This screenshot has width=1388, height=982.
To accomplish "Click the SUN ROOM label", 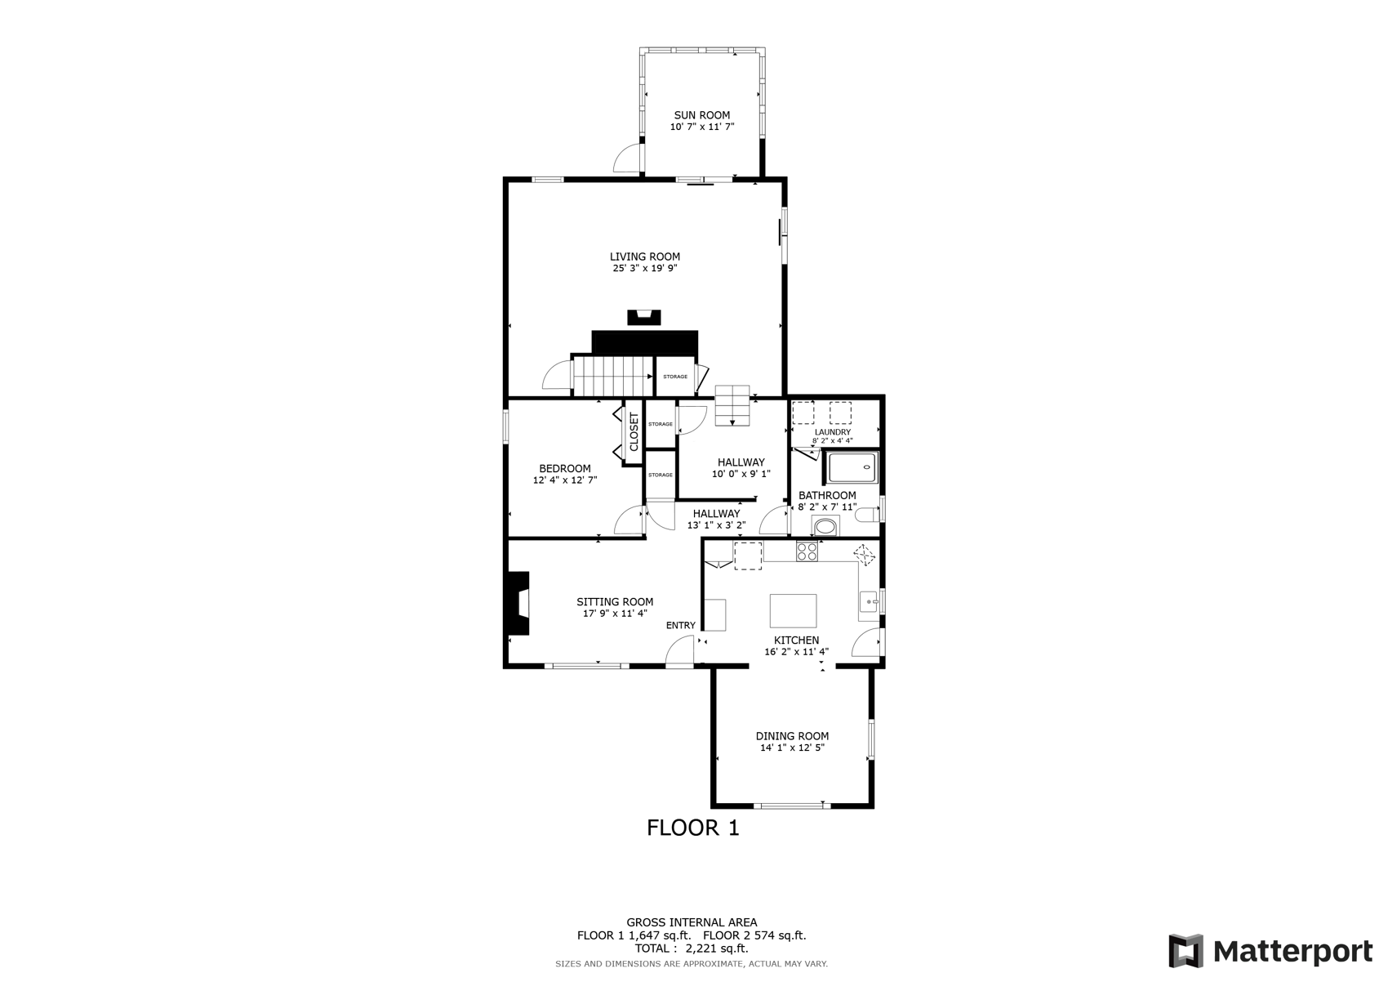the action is pyautogui.click(x=701, y=115).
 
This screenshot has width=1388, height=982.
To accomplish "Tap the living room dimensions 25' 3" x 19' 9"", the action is pyautogui.click(x=645, y=269).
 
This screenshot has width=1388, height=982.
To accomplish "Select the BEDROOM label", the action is pyautogui.click(x=564, y=469).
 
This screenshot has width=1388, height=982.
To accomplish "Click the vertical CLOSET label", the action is pyautogui.click(x=634, y=432).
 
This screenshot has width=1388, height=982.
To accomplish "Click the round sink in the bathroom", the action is pyautogui.click(x=825, y=527).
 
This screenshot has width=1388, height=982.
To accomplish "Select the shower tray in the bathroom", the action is pyautogui.click(x=853, y=467).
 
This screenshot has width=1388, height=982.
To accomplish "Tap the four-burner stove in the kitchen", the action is pyautogui.click(x=807, y=551).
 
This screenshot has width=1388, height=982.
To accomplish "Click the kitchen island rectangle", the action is pyautogui.click(x=793, y=610).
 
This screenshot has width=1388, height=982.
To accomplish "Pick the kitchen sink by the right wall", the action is pyautogui.click(x=868, y=601).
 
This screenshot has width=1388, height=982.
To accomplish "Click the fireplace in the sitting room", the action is pyautogui.click(x=518, y=603).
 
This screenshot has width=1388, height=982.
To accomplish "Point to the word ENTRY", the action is pyautogui.click(x=681, y=626).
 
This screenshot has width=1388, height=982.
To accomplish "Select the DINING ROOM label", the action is pyautogui.click(x=792, y=736).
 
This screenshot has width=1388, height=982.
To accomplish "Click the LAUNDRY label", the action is pyautogui.click(x=832, y=432).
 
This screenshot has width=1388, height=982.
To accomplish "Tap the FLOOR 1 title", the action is pyautogui.click(x=692, y=828).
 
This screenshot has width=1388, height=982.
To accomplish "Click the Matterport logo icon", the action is pyautogui.click(x=1186, y=951).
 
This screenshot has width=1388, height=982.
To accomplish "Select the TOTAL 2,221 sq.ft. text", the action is pyautogui.click(x=692, y=949).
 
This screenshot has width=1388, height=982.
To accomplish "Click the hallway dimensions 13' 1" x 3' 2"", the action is pyautogui.click(x=716, y=525).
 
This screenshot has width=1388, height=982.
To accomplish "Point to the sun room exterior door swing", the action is pyautogui.click(x=626, y=158).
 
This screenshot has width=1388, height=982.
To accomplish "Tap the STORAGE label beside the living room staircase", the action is pyautogui.click(x=675, y=377).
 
